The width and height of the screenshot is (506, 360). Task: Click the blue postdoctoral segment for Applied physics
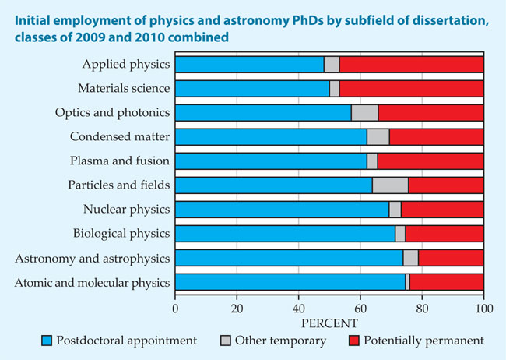point(249,65)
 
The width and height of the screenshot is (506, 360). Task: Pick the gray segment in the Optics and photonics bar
point(364,113)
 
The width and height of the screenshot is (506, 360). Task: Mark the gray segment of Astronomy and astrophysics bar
point(410,258)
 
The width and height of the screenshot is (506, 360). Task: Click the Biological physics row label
point(125,234)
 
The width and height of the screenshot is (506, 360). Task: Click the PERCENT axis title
point(329,321)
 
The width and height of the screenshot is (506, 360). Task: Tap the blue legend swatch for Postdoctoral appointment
point(46,341)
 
